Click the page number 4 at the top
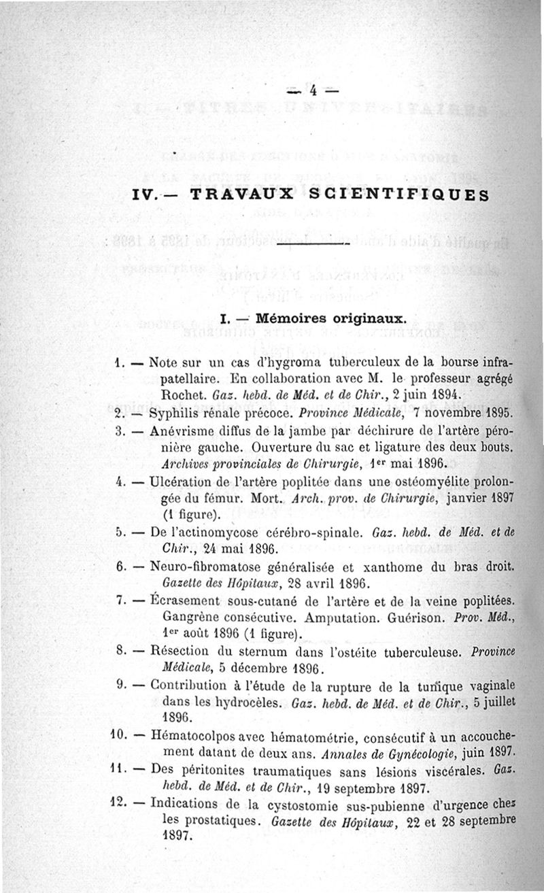[313, 90]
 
